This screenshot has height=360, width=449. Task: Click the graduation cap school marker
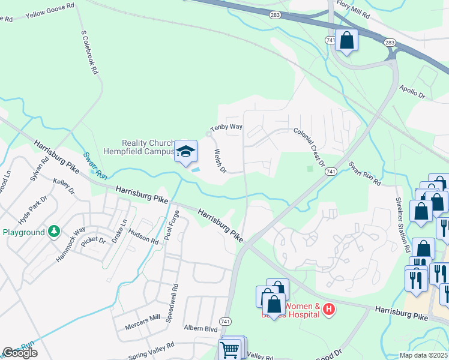[186, 151]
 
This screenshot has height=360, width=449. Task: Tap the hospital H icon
[328, 310]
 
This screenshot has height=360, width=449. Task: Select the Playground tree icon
[54, 232]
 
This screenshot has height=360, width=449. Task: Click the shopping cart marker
[230, 349]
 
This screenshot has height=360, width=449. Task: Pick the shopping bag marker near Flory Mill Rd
[346, 40]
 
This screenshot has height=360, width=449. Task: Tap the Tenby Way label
[226, 127]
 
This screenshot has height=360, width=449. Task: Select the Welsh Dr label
[218, 161]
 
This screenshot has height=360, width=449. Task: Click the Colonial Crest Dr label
[309, 147]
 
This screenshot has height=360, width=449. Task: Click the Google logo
[20, 353]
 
